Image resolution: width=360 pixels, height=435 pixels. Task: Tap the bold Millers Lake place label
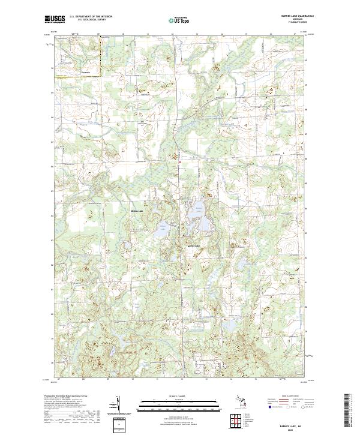click(x=137, y=211)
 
